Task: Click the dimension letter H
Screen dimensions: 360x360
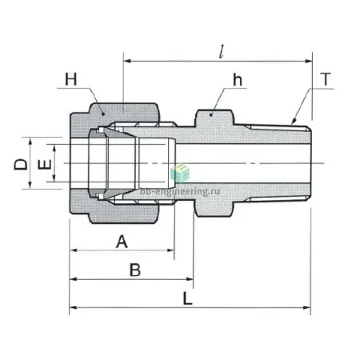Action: (71, 79)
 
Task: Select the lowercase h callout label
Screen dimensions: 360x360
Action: (238, 80)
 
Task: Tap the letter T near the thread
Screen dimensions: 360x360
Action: (326, 79)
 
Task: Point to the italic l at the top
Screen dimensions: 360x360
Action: (221, 52)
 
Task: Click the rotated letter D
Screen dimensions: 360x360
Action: (21, 164)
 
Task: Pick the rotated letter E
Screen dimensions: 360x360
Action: (45, 164)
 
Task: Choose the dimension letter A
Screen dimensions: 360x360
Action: (122, 242)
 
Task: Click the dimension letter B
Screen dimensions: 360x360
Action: (135, 270)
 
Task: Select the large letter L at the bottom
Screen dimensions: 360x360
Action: (187, 298)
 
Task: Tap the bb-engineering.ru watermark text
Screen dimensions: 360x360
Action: (180, 192)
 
